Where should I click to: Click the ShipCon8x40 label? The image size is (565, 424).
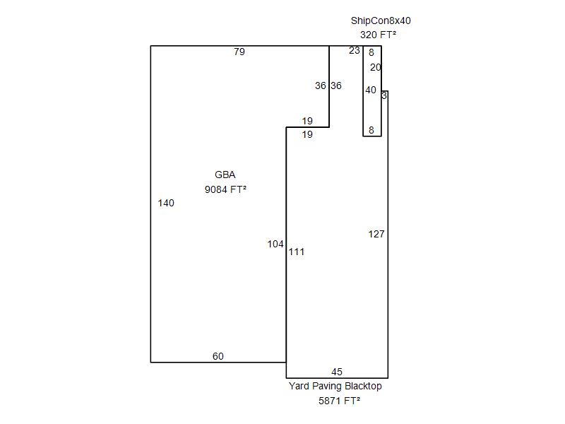coord(381,20)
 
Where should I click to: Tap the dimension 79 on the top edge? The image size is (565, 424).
coord(239,52)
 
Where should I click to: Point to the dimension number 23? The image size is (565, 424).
coord(355,51)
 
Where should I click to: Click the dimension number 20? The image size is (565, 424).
coord(376,68)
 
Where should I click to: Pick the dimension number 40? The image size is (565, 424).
coord(371,90)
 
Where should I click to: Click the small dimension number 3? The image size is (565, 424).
coord(384,95)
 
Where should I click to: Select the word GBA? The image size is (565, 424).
coord(225,175)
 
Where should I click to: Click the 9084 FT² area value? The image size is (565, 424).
coord(225,189)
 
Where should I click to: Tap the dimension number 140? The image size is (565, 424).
coord(166,204)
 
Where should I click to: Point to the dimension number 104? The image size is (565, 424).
coord(275,245)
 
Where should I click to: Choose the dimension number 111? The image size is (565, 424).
coord(297,252)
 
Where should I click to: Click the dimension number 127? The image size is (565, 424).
coord(376,235)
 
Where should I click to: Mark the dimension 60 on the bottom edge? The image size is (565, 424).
coord(218,357)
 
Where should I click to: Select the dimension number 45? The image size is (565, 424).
coord(337,372)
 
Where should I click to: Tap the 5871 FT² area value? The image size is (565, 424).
coord(340,401)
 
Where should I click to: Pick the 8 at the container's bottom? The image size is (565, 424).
coord(371,131)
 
